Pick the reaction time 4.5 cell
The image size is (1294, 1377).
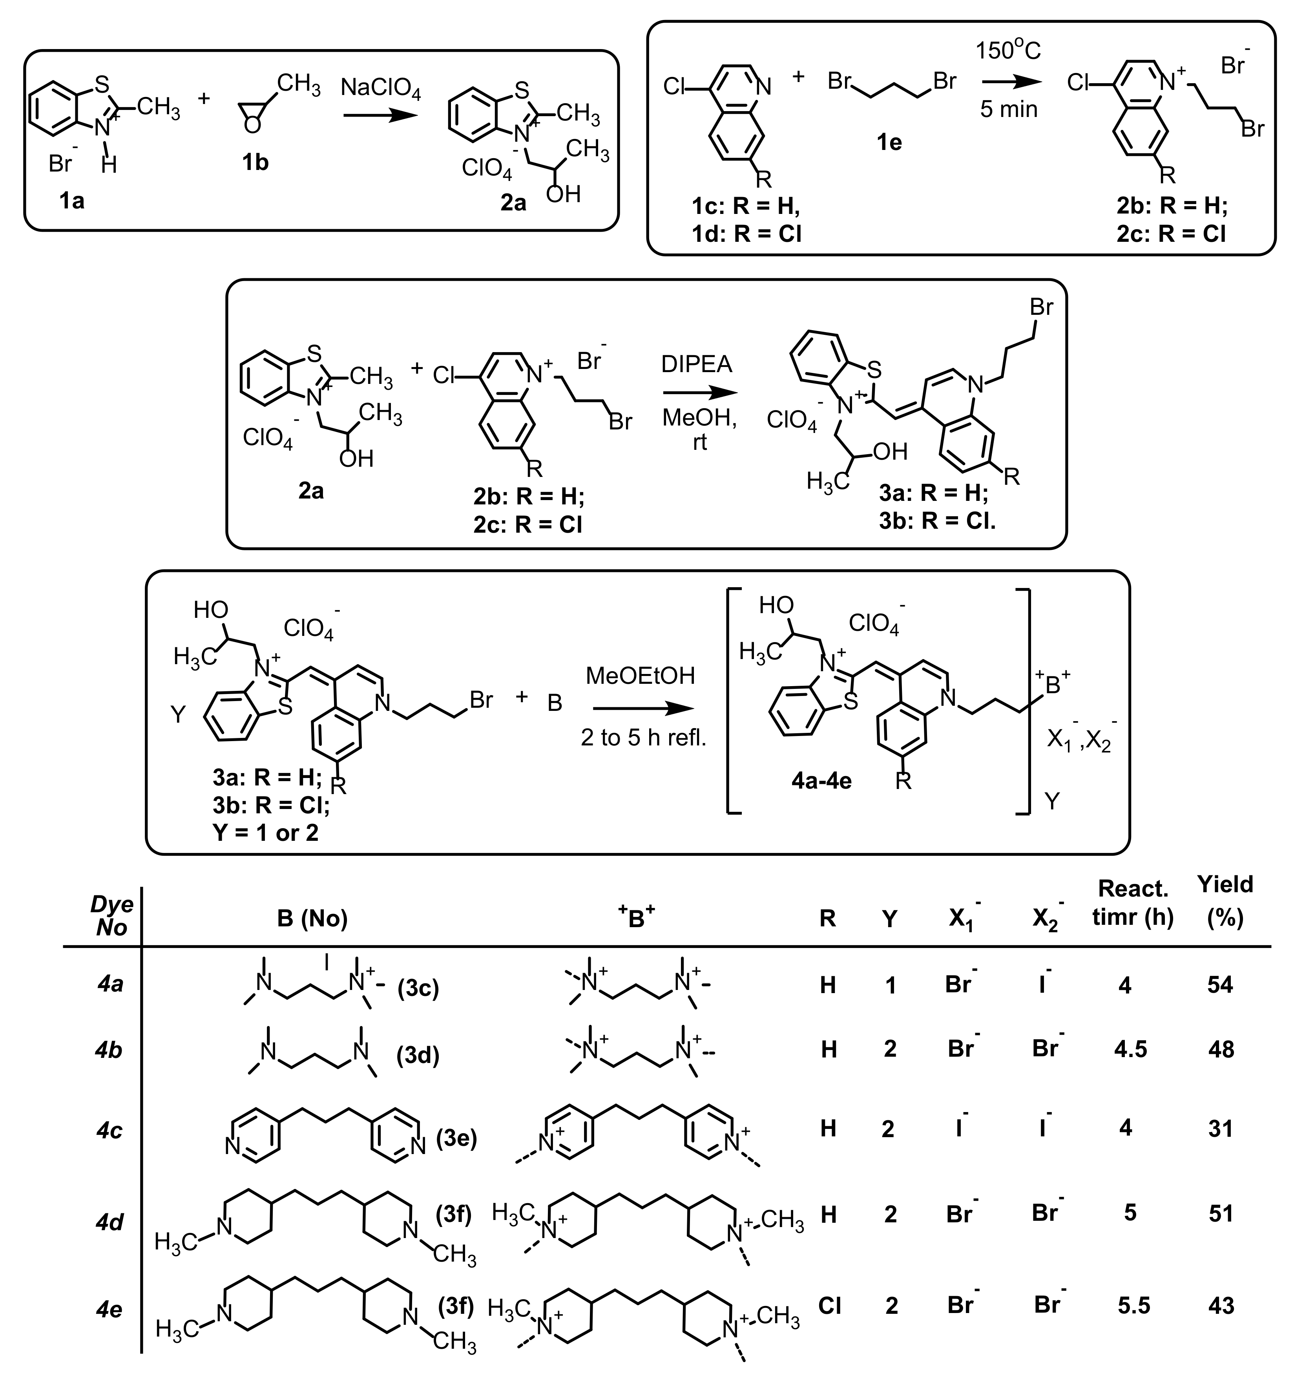click(1130, 1049)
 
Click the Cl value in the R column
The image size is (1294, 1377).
click(829, 1306)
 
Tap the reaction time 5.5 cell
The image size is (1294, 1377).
click(1134, 1306)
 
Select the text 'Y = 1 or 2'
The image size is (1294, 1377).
click(266, 833)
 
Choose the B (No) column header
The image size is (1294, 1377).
click(312, 919)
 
